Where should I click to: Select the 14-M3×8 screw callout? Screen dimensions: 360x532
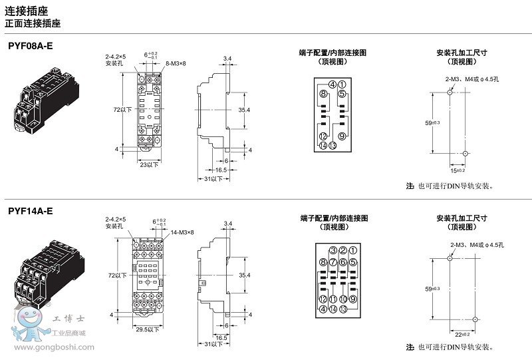(x=182, y=232)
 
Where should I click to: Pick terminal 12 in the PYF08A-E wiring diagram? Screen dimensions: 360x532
(x=323, y=136)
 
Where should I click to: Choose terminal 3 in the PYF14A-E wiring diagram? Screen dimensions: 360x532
(x=332, y=250)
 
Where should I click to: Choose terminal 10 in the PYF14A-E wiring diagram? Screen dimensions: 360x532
(x=342, y=300)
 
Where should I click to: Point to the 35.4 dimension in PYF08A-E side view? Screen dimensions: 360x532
(x=244, y=109)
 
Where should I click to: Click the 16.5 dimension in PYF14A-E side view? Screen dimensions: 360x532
(x=221, y=337)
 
